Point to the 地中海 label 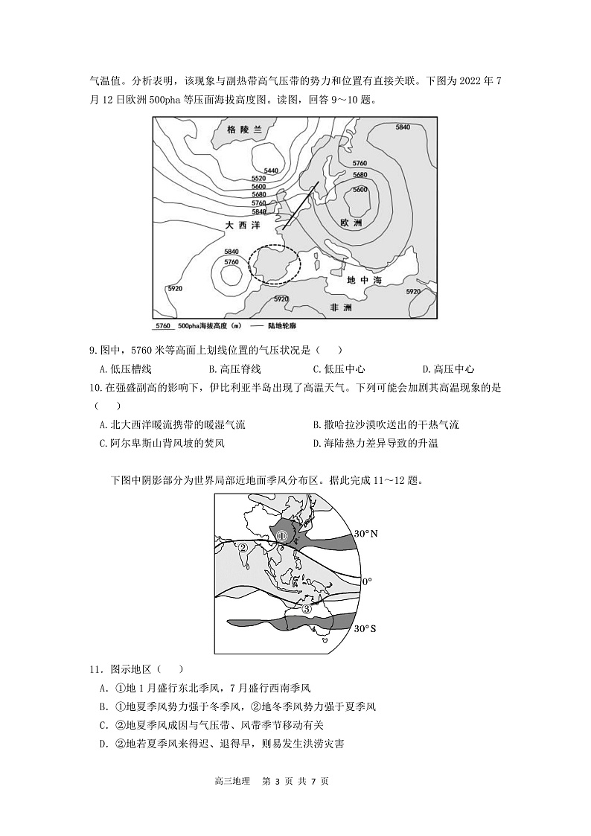click(364, 281)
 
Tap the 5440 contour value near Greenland click(271, 171)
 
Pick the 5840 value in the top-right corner click(403, 127)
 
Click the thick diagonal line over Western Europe click(300, 205)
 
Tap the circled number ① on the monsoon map click(281, 536)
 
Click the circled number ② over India click(243, 549)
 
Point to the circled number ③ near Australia click(307, 608)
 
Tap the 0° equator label click(366, 581)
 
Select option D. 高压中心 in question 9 click(448, 369)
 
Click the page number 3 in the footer click(275, 803)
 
